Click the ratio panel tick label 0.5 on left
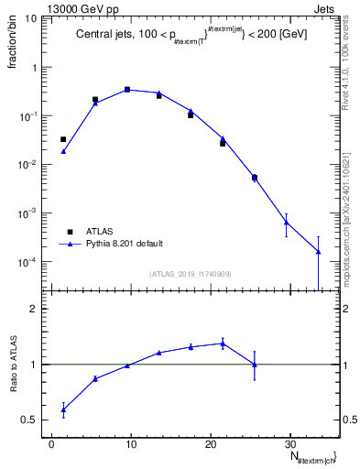31,420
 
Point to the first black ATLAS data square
63,139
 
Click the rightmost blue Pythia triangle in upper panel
318,251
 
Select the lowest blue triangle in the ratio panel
63,410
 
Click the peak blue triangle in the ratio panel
223,344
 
